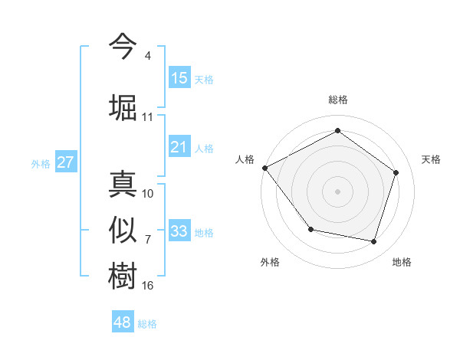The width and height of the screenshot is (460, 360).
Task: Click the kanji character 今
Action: point(123,46)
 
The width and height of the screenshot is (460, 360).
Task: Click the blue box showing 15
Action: point(179,77)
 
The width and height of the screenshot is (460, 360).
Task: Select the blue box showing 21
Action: point(179,146)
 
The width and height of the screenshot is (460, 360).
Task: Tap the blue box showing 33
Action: point(179,231)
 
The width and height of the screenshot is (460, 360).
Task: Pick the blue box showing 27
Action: point(65,162)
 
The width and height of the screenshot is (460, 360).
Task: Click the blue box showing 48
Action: point(123,322)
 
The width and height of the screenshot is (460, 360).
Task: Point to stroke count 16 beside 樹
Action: point(148,286)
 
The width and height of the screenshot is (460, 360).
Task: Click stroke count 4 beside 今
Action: point(147,56)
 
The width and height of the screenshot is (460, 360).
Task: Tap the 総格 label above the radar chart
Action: point(337,100)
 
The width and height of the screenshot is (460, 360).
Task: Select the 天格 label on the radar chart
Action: point(431,159)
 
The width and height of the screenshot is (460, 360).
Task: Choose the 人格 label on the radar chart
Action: point(245,159)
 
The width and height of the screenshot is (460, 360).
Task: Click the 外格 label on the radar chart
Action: point(270,262)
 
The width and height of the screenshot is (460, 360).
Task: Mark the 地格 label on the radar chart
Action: point(402,262)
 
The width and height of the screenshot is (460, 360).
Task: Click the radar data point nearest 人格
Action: point(265,168)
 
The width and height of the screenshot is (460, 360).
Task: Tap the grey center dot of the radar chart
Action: point(337,191)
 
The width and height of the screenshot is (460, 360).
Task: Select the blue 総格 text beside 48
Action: point(147,324)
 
